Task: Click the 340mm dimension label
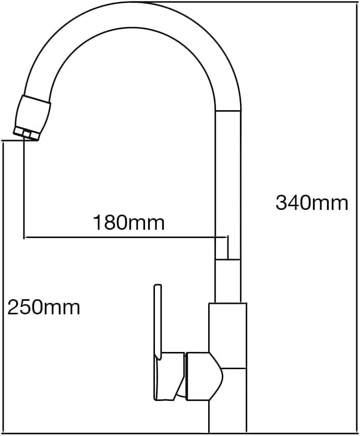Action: pos(311,203)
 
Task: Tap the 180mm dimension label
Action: pos(129,222)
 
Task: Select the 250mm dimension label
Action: pos(44,308)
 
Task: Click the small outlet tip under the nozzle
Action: pos(26,135)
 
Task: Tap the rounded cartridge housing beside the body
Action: pos(204,376)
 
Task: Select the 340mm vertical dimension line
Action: pos(357,217)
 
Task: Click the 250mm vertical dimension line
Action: pos(3,287)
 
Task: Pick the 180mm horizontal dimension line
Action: pos(126,238)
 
